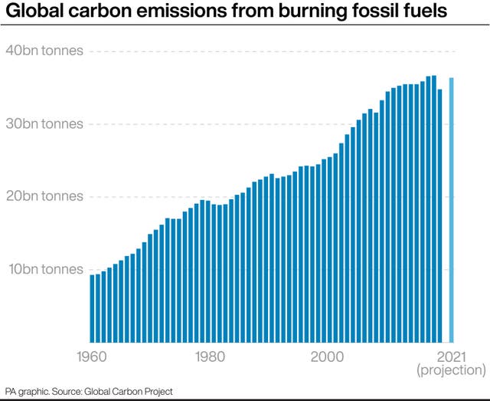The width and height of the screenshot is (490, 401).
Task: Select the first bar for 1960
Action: pos(92,307)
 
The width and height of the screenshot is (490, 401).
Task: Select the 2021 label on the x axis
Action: pos(451,356)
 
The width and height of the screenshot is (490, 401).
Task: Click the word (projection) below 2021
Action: pos(451,370)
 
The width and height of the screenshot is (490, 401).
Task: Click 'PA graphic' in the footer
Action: pos(25,392)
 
